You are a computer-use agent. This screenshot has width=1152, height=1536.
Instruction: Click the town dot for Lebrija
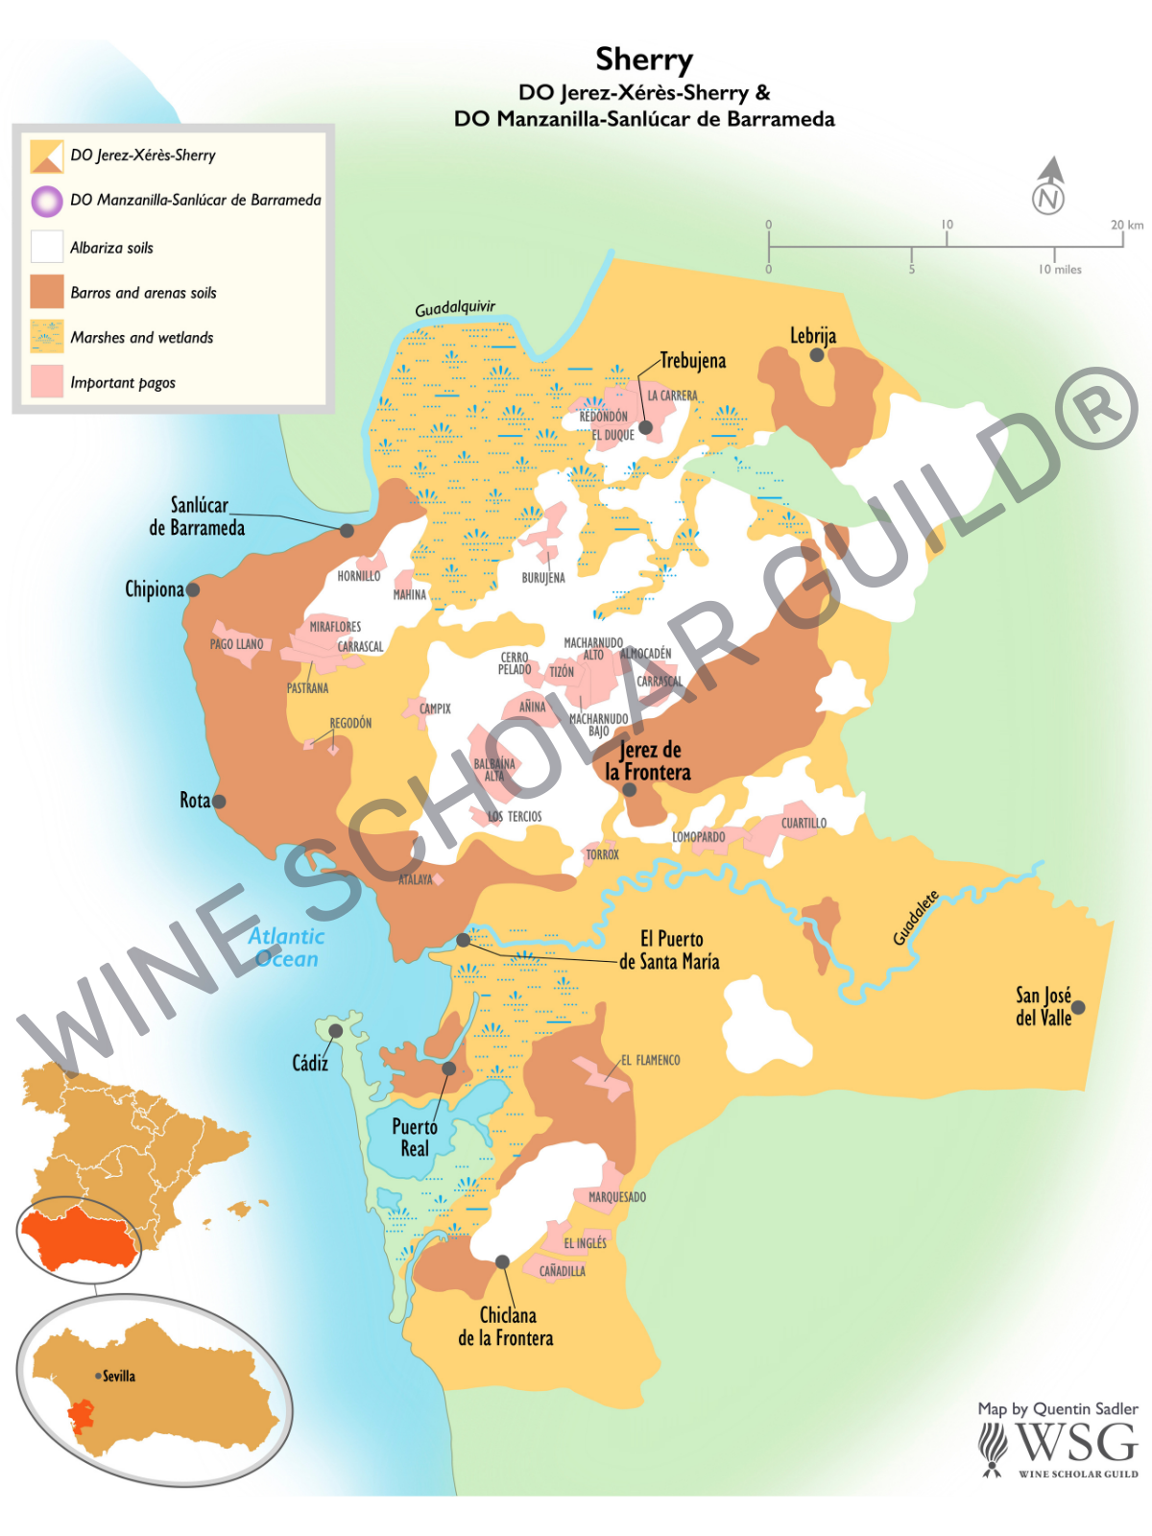[x=817, y=354]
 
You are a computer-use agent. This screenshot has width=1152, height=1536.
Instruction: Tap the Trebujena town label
[x=692, y=361]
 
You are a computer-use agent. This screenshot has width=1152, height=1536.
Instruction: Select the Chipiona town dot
[x=193, y=589]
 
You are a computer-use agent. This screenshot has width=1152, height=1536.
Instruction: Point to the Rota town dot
[x=219, y=801]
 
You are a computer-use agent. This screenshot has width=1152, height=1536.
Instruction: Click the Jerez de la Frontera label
[x=648, y=760]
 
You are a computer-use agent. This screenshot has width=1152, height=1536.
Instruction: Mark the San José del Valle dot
[x=1078, y=1007]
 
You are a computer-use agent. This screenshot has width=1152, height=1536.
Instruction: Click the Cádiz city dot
[x=335, y=1030]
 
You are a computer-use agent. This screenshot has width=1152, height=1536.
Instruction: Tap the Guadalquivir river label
[x=455, y=308]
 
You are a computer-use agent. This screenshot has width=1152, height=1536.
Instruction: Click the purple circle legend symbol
[x=46, y=201]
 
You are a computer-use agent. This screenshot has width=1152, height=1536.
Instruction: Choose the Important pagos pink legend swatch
[x=46, y=381]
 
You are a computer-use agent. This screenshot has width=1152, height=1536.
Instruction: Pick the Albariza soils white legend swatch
[x=46, y=247]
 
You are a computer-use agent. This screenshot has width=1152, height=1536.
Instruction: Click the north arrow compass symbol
[x=1049, y=186]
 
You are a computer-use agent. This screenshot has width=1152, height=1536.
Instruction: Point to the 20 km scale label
[x=1127, y=225]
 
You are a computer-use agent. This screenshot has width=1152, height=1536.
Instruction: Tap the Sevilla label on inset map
[x=119, y=1376]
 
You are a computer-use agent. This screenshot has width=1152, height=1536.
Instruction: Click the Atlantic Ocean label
[x=286, y=948]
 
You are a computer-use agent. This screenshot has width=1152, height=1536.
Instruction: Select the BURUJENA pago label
[x=543, y=578]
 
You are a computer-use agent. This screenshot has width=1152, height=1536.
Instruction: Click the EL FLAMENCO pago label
[x=650, y=1060]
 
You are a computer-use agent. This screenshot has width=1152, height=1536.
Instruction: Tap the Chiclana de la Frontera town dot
[x=502, y=1261]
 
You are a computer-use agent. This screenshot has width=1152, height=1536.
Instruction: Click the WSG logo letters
[x=1075, y=1443]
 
